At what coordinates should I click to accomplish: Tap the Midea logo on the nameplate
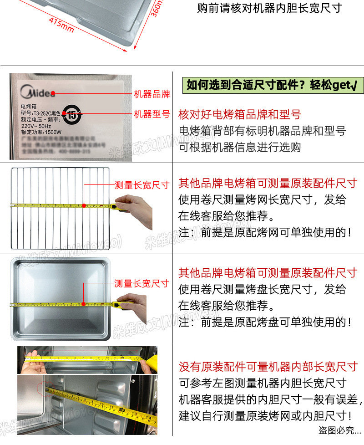pyautogui.click(x=38, y=93)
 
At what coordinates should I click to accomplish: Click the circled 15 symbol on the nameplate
pyautogui.click(x=72, y=115)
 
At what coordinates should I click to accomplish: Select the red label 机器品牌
pyautogui.click(x=152, y=94)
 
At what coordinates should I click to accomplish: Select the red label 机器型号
pyautogui.click(x=152, y=114)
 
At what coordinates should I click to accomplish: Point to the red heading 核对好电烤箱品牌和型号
pyautogui.click(x=240, y=114)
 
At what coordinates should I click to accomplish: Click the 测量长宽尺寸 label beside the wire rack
pyautogui.click(x=142, y=185)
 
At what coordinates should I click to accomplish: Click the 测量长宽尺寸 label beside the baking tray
pyautogui.click(x=142, y=284)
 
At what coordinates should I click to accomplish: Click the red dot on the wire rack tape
pyautogui.click(x=84, y=205)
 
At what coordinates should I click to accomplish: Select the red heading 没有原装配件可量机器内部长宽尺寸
pyautogui.click(x=268, y=367)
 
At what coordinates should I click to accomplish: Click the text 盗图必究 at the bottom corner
pyautogui.click(x=339, y=430)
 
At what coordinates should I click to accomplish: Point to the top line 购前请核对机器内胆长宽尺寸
pyautogui.click(x=269, y=8)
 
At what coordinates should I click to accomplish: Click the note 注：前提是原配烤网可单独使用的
pyautogui.click(x=264, y=232)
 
